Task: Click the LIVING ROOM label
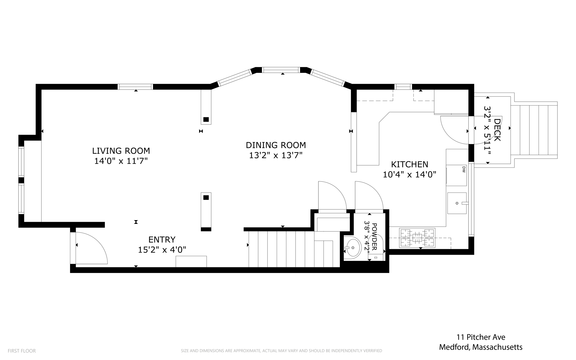[x=121, y=151]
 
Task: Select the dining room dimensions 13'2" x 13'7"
[x=276, y=155]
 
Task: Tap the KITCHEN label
[x=409, y=164]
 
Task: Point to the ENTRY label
[x=162, y=240]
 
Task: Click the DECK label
[x=497, y=130]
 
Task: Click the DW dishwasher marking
[x=464, y=169]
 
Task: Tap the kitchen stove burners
[x=417, y=238]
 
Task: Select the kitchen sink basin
[x=457, y=203]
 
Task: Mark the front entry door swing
[x=91, y=248]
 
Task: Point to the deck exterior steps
[x=534, y=130]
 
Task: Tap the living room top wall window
[x=135, y=87]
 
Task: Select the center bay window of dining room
[x=281, y=70]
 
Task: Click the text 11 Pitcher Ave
[x=481, y=337]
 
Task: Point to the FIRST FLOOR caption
[x=22, y=351]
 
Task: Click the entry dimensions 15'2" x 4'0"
[x=162, y=250]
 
